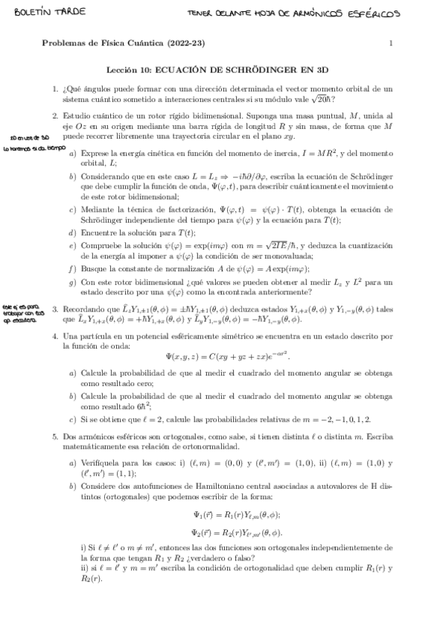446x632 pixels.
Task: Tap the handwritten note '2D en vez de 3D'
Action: pyautogui.click(x=29, y=139)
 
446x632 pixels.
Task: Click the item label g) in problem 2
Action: pyautogui.click(x=72, y=282)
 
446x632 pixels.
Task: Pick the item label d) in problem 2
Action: pyautogui.click(x=72, y=233)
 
